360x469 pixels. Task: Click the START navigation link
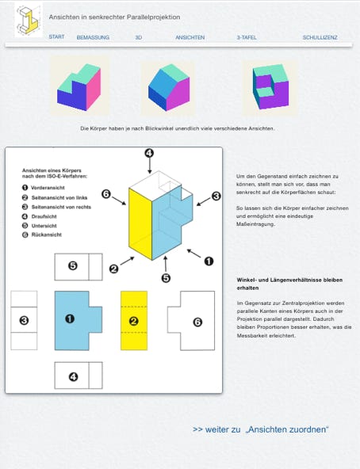[56, 36]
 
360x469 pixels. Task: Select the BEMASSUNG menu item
[93, 37]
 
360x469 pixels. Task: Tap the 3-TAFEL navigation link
[247, 37]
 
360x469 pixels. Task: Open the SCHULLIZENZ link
[320, 37]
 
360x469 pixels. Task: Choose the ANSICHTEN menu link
[190, 37]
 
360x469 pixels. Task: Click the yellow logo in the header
[29, 21]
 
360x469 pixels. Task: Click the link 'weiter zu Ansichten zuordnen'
[261, 429]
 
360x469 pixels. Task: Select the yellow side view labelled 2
[134, 320]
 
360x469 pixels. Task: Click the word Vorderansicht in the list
[48, 188]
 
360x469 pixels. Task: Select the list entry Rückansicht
[47, 234]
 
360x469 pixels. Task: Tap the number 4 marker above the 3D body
[149, 154]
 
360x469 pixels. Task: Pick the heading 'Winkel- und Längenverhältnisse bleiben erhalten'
[289, 284]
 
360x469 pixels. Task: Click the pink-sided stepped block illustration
[79, 87]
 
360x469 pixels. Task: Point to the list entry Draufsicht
[44, 216]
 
